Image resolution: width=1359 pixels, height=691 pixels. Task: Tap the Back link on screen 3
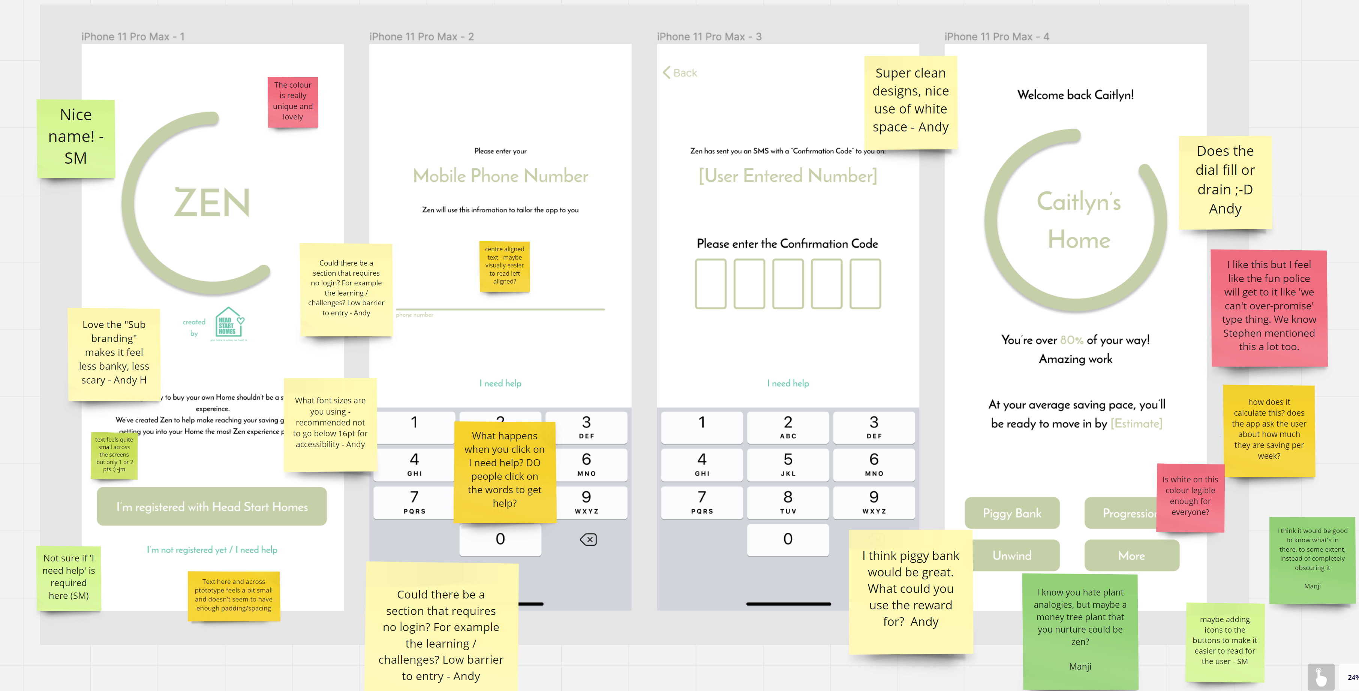point(680,73)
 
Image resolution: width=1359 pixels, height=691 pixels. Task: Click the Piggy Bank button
point(1011,513)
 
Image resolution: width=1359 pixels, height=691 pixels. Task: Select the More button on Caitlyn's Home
point(1131,555)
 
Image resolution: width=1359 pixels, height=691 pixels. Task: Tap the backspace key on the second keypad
point(588,539)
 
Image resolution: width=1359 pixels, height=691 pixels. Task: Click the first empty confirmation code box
point(710,284)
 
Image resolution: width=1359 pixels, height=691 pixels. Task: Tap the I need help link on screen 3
point(788,383)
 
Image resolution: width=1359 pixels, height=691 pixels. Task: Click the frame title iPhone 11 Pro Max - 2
point(421,36)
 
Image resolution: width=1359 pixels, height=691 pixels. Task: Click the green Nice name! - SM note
point(75,137)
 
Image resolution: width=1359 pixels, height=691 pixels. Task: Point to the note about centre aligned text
point(504,266)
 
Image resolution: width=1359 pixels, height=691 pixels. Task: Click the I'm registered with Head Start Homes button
point(211,506)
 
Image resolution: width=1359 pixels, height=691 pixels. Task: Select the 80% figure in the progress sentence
point(1071,340)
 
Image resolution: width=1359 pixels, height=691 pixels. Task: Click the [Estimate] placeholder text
point(1136,423)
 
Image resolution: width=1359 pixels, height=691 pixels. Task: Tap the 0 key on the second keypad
point(500,539)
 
